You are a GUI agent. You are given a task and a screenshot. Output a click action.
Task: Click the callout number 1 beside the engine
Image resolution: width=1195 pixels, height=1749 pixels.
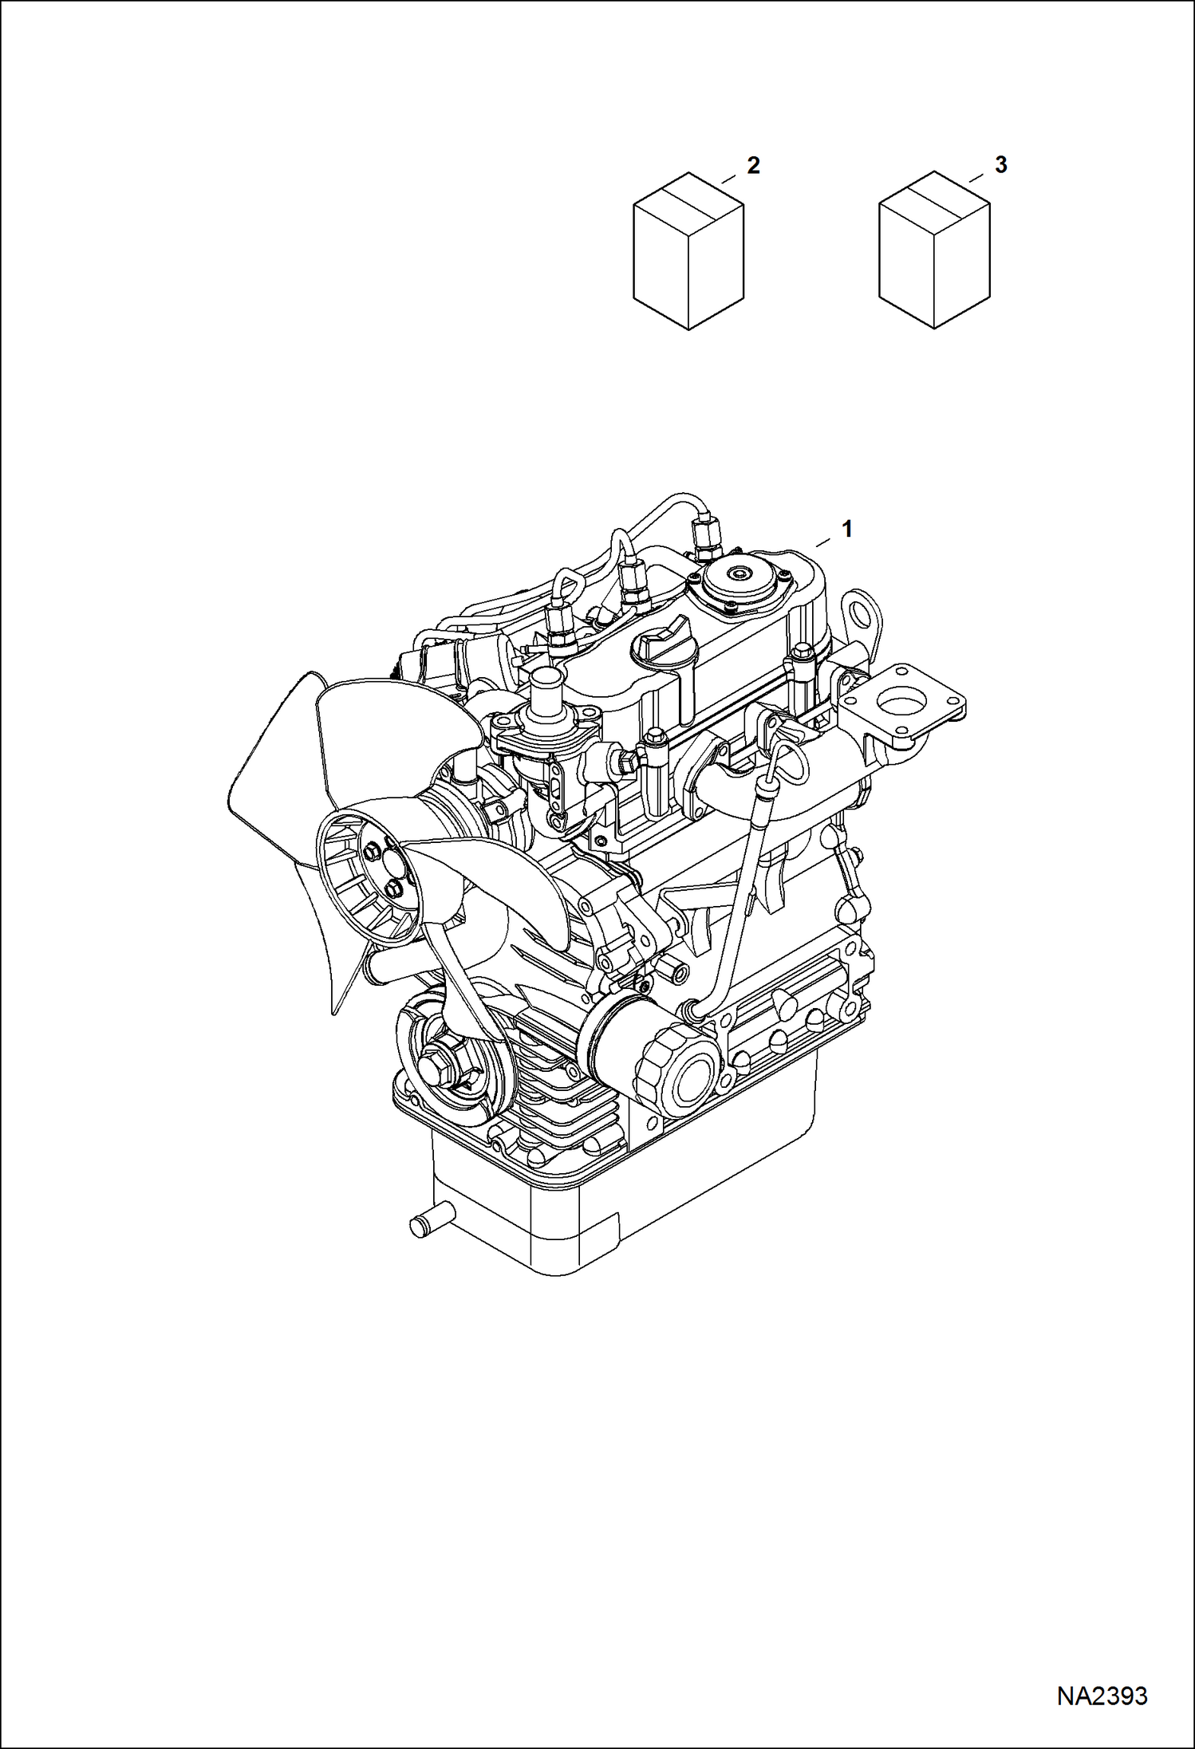(x=847, y=529)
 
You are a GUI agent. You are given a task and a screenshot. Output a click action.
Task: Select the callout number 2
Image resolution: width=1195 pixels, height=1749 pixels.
(x=752, y=165)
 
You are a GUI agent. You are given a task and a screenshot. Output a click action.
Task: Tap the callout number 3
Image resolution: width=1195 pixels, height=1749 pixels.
(x=1000, y=165)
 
